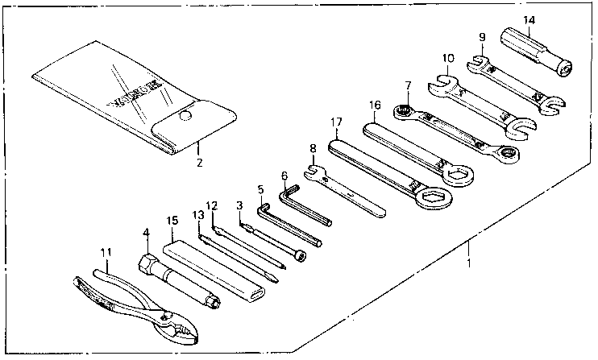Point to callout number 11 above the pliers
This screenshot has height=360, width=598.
point(106,253)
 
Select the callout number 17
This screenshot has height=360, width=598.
point(336,122)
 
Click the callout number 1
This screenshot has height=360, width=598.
point(468,263)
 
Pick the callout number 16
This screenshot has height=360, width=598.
point(374,105)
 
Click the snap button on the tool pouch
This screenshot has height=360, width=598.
point(185,117)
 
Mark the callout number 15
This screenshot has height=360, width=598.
point(171,220)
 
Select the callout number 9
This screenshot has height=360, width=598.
point(481,36)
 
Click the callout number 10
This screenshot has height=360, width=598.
point(448,58)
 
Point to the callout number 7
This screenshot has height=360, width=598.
point(409,85)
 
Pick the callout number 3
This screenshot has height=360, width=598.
point(239,205)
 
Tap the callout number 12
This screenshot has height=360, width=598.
point(213,206)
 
